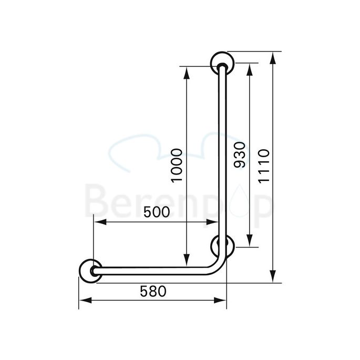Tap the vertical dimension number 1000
(x=177, y=166)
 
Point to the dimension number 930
(x=240, y=155)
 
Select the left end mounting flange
(x=90, y=271)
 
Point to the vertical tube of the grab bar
(x=222, y=158)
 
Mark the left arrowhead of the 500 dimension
(x=98, y=222)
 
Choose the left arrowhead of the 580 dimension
(x=83, y=301)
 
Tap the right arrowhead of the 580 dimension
(x=223, y=301)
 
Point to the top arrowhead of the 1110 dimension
(x=272, y=56)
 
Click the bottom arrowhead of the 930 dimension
(x=250, y=242)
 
